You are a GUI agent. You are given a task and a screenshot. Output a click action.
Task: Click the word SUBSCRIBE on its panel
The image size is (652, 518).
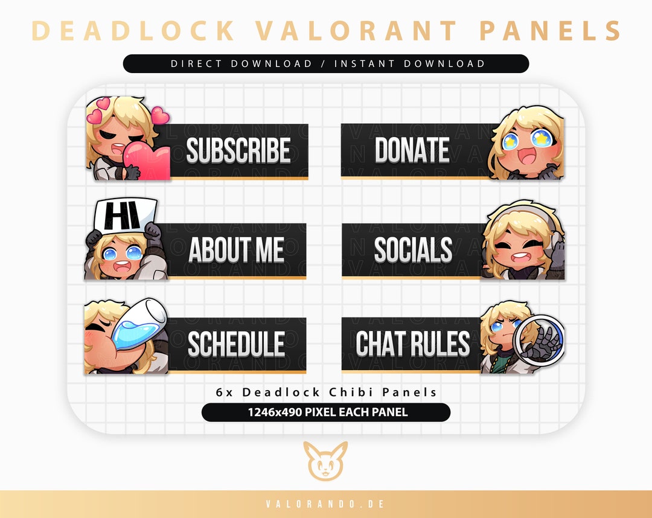tap(238, 151)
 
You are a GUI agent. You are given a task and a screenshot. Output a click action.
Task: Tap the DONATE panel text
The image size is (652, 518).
tap(412, 150)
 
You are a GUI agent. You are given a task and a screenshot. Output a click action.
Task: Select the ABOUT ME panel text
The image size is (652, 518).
tap(236, 250)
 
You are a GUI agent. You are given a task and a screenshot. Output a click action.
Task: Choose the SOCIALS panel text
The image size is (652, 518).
tap(413, 250)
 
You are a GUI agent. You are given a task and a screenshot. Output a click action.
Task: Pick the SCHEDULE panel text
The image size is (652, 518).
tap(236, 344)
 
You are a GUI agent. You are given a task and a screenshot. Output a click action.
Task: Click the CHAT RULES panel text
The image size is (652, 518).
tap(413, 344)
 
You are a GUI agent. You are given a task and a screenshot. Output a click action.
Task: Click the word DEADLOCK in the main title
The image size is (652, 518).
tap(133, 31)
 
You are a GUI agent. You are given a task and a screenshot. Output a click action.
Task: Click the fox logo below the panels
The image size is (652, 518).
tap(325, 461)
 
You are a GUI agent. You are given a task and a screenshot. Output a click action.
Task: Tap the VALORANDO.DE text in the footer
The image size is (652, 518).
tap(326, 504)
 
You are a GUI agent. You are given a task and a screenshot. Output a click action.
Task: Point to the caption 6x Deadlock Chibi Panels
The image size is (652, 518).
tap(326, 392)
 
